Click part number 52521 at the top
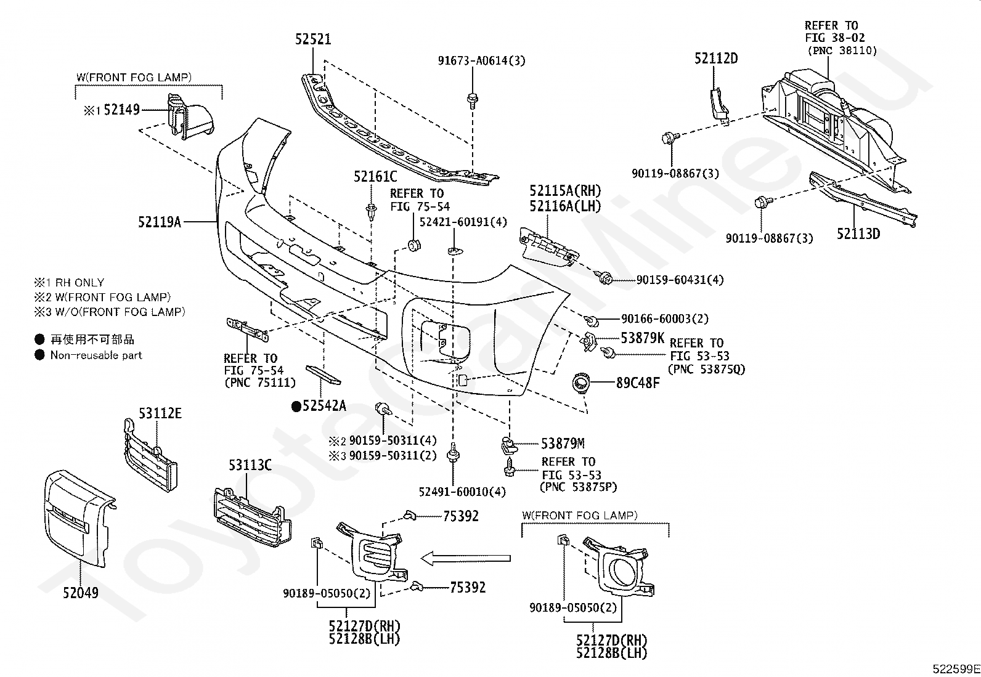coord(312,39)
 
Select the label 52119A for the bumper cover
coord(160,222)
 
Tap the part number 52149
coord(122,110)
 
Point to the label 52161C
coord(375,176)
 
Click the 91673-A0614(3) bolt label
coord(482,60)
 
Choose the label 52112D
coord(716,59)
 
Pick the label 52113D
coord(858,234)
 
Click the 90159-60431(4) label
coord(680,280)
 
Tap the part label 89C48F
coord(638,383)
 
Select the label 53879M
coord(563,444)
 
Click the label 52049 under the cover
coord(81,593)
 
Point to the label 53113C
coord(250,465)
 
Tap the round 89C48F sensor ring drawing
coord(581,383)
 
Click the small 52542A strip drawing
coord(324,375)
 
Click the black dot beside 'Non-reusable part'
coord(39,355)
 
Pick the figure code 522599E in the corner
coord(956,669)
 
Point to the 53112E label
coord(160,413)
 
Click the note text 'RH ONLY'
coord(79,283)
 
